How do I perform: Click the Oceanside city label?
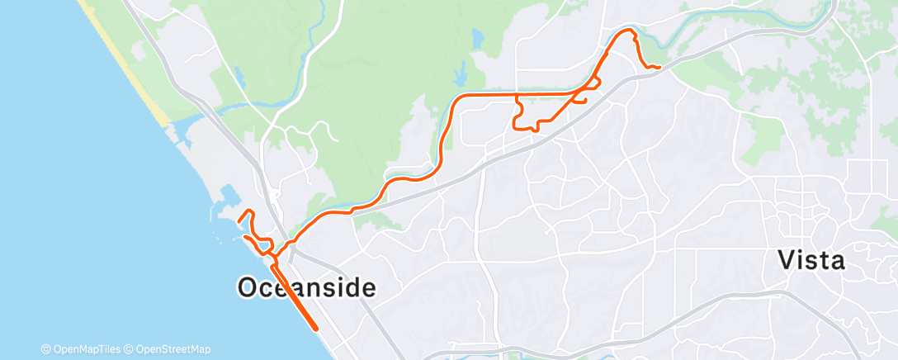[x=306, y=287]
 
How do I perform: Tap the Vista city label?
[x=812, y=261]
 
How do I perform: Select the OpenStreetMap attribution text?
[x=168, y=349]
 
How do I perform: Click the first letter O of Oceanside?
[x=247, y=287]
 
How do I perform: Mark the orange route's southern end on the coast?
[x=316, y=329]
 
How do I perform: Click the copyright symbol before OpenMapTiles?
[x=45, y=349]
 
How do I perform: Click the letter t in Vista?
[x=825, y=261]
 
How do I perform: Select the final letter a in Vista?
[x=839, y=261]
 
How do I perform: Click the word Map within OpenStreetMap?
[x=197, y=349]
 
